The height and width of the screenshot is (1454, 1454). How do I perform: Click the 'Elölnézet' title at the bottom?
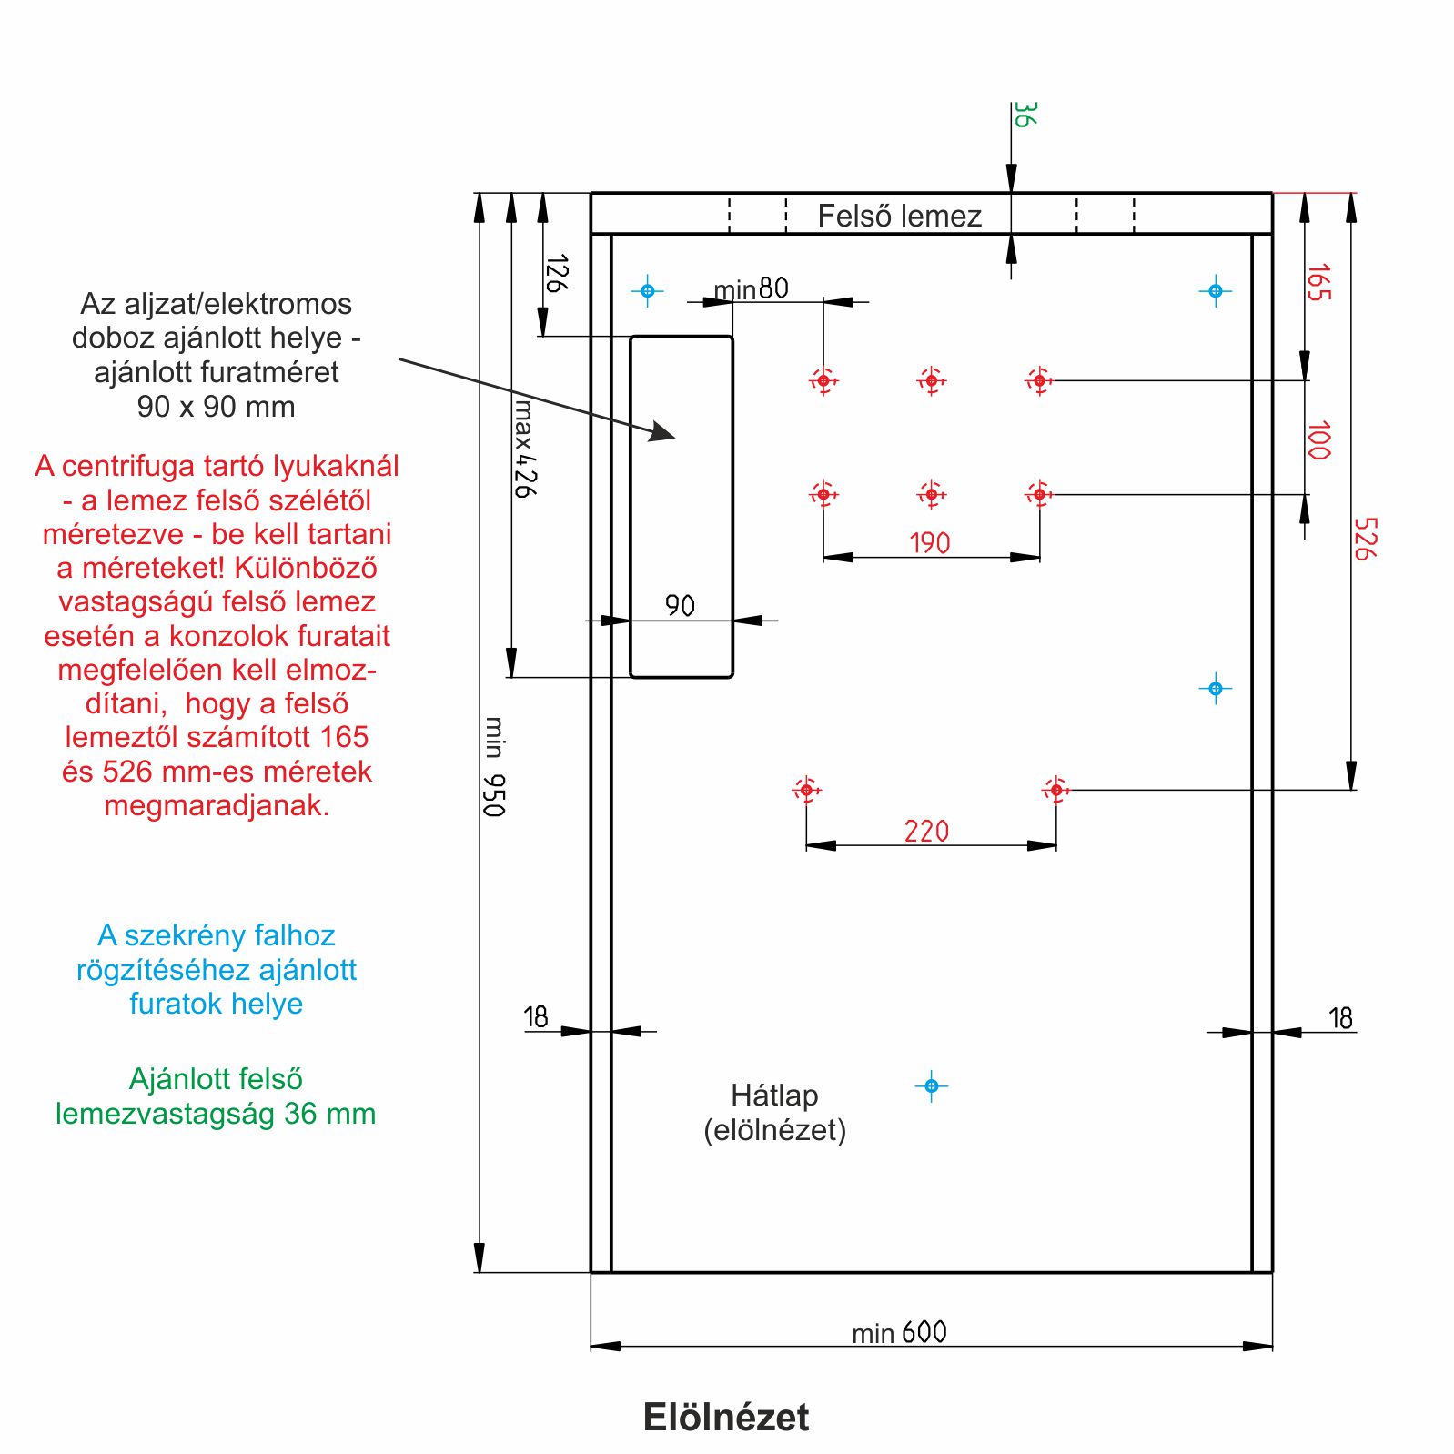coord(725,1417)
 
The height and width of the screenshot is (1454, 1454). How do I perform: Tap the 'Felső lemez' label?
coord(899,216)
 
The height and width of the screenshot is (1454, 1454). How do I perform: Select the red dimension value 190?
coord(929,543)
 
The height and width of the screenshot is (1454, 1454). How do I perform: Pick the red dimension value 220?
coord(926,831)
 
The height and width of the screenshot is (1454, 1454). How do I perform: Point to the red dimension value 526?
coord(1365,539)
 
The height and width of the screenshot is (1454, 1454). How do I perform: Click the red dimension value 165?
coord(1318,282)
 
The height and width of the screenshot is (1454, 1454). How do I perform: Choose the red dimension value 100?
coord(1318,440)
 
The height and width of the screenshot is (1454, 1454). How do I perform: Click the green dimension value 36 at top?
coord(1025,115)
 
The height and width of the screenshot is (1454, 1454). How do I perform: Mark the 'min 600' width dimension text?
coord(899,1332)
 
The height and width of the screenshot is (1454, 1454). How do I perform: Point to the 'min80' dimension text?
coord(751,289)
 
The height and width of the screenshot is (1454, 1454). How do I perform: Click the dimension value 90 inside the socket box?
coord(680,605)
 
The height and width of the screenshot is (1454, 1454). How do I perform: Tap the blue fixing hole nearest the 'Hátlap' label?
coord(931,1085)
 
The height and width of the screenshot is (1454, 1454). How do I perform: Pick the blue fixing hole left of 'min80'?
coord(648,291)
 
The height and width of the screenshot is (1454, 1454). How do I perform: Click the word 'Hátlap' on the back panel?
coord(774,1095)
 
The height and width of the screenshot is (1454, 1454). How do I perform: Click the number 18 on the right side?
coord(1340,1017)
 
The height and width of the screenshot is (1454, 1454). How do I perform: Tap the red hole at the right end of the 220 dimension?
coord(1055,790)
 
